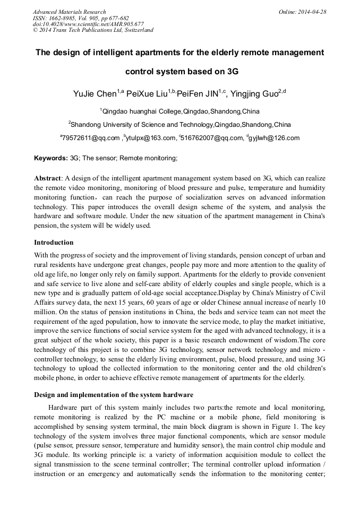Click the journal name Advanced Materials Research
point(69,12)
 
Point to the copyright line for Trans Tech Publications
point(93,30)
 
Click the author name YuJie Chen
point(93,94)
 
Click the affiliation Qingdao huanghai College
point(142,111)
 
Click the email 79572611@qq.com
point(91,138)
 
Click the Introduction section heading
point(54,243)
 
